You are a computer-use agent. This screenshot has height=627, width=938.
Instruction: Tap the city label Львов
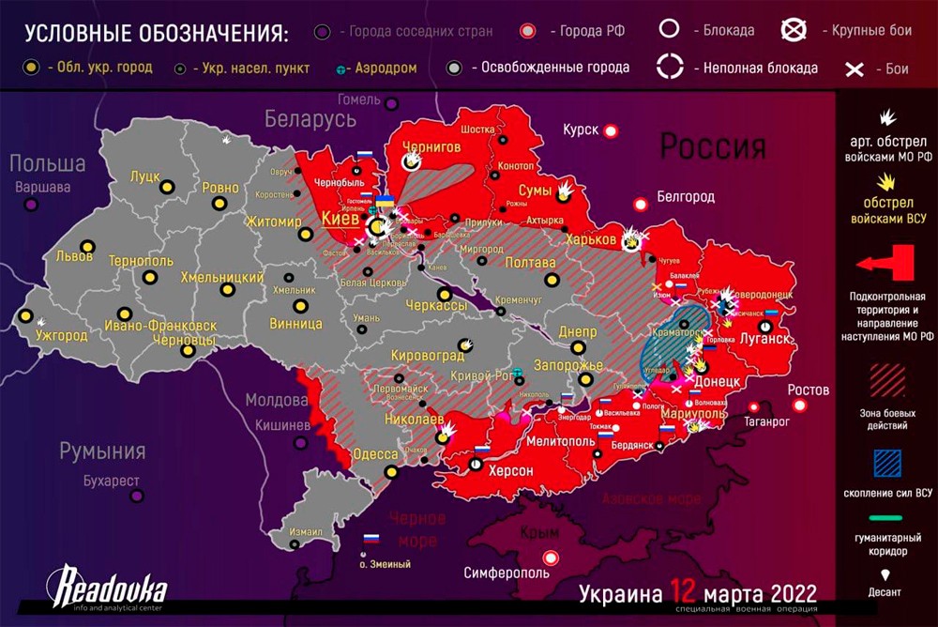click(x=75, y=255)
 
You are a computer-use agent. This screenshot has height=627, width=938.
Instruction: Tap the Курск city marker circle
click(x=611, y=130)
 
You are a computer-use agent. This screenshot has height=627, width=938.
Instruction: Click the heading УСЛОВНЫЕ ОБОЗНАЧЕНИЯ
click(x=156, y=34)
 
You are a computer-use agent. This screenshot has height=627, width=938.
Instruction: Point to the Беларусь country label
click(x=310, y=119)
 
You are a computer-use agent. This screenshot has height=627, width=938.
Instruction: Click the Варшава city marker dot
click(x=33, y=205)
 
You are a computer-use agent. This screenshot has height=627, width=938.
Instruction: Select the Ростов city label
click(x=809, y=390)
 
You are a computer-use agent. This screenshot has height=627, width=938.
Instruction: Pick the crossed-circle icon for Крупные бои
click(x=794, y=30)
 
